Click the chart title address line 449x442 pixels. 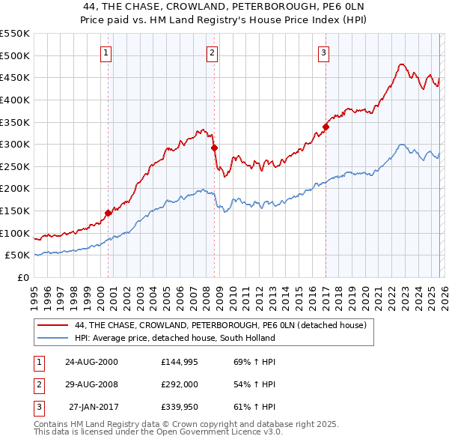224,6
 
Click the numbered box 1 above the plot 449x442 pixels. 106,52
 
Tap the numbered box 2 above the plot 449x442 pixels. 213,52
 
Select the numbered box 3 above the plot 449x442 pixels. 324,52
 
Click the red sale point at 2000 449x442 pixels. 109,213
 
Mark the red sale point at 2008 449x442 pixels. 215,148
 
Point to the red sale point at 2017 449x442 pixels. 326,127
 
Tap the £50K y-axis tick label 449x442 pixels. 17,255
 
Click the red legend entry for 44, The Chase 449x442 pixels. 221,326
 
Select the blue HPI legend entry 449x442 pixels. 175,338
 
